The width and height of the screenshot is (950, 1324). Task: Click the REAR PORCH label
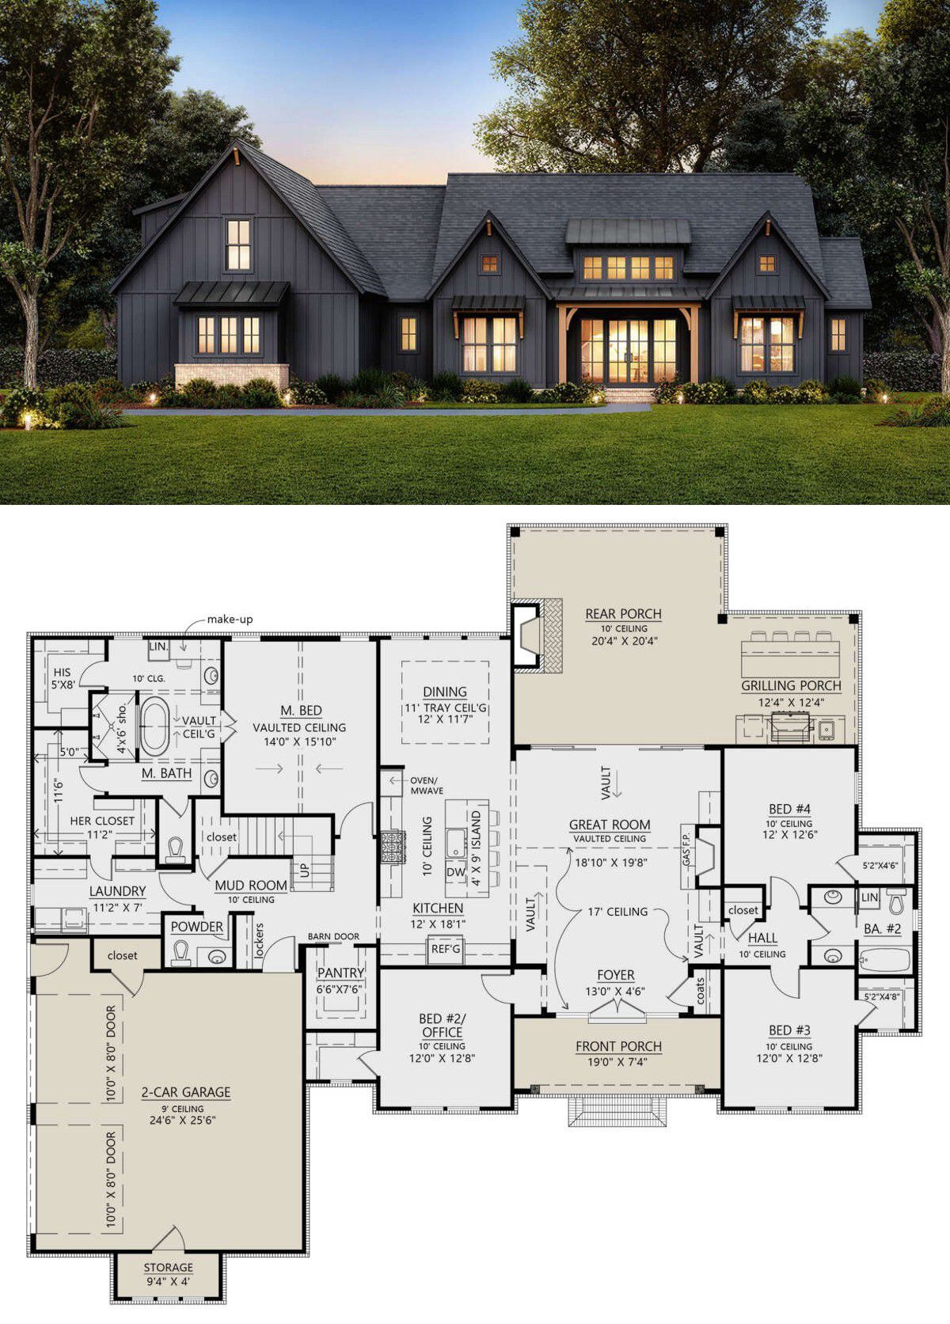623,614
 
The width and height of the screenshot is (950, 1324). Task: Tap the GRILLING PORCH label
791,685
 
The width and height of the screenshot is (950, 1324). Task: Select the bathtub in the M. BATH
155,726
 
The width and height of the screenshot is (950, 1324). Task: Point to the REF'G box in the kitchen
445,949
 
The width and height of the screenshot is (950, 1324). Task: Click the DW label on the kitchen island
456,872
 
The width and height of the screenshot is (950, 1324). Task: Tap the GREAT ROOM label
610,825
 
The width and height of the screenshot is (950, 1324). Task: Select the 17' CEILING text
617,912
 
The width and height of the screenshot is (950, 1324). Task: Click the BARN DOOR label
333,937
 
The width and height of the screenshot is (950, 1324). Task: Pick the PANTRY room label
340,973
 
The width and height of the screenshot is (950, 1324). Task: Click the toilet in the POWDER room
181,953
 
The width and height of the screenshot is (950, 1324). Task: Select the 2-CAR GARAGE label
185,1092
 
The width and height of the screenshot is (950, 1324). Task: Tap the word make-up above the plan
230,620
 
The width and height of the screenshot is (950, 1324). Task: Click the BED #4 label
789,809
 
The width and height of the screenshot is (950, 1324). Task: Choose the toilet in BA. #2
898,901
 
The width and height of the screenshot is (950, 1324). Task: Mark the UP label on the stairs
305,871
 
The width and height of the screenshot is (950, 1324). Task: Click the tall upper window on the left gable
238,245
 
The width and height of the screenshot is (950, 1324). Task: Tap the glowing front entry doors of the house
629,351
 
